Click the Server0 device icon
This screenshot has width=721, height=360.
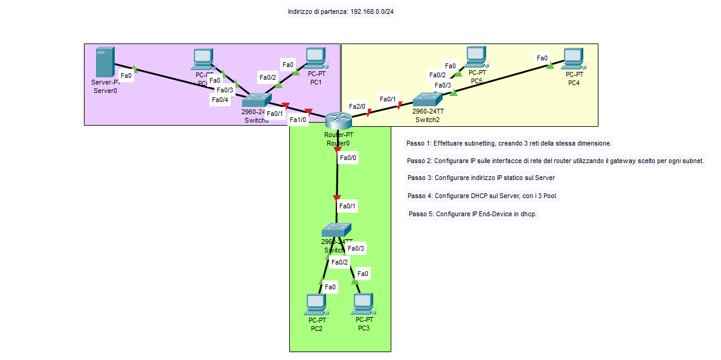tap(104, 62)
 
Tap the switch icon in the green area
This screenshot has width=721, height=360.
tap(336, 230)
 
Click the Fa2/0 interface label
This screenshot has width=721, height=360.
tap(357, 106)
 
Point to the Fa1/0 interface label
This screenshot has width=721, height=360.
tap(298, 120)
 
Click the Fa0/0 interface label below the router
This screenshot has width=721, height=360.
tap(348, 158)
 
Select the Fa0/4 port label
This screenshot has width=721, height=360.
tap(220, 100)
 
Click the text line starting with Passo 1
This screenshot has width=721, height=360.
tap(509, 144)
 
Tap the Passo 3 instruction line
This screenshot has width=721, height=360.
tap(481, 178)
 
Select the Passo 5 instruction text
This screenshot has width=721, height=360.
tap(473, 214)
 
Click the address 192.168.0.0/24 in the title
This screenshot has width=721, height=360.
tap(372, 11)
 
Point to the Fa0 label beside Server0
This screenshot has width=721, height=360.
tap(126, 76)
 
